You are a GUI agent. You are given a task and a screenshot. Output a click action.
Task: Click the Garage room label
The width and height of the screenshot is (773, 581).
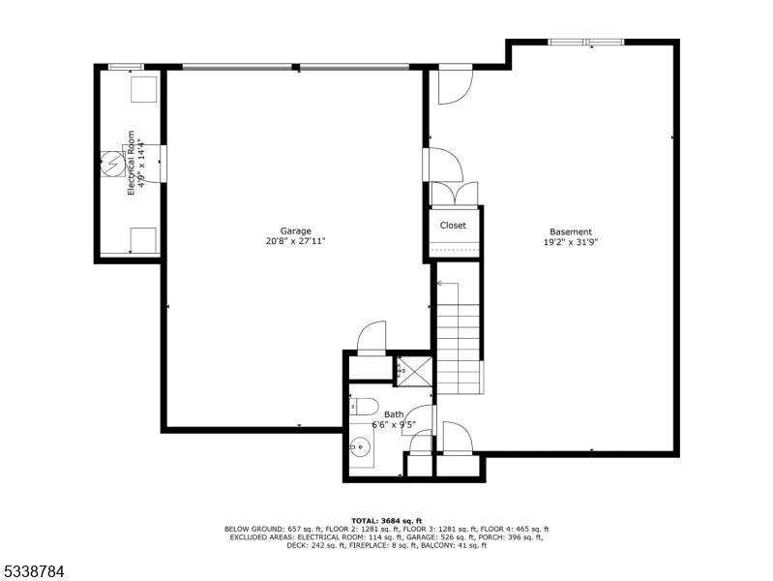[x=295, y=230]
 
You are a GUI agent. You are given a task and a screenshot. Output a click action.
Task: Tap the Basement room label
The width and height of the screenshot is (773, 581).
[x=570, y=231]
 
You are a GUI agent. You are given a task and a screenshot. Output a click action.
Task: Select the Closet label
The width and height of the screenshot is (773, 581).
[x=453, y=226]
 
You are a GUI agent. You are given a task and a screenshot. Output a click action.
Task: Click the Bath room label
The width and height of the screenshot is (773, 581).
[x=394, y=414]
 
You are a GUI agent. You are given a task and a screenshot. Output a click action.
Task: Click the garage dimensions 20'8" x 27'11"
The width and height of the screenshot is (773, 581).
[x=295, y=241]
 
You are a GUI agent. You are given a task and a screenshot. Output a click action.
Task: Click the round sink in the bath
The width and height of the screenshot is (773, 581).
[x=360, y=448]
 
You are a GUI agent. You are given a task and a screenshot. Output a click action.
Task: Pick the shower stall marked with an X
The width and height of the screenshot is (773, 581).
[x=414, y=370]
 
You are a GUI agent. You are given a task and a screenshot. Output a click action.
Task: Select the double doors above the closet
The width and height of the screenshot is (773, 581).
[x=453, y=194]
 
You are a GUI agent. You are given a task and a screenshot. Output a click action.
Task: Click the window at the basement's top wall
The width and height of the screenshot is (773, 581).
[x=586, y=42]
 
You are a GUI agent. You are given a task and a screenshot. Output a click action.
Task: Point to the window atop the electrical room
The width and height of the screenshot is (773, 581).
[x=126, y=67]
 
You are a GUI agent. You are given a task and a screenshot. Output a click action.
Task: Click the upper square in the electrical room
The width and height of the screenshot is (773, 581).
[x=144, y=89]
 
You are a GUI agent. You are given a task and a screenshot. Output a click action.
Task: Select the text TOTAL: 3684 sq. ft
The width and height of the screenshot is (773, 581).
[x=386, y=519]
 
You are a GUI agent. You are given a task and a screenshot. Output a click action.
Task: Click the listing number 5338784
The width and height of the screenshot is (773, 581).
[x=33, y=571]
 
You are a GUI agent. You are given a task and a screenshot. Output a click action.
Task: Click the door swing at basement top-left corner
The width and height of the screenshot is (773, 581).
[x=453, y=85]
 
